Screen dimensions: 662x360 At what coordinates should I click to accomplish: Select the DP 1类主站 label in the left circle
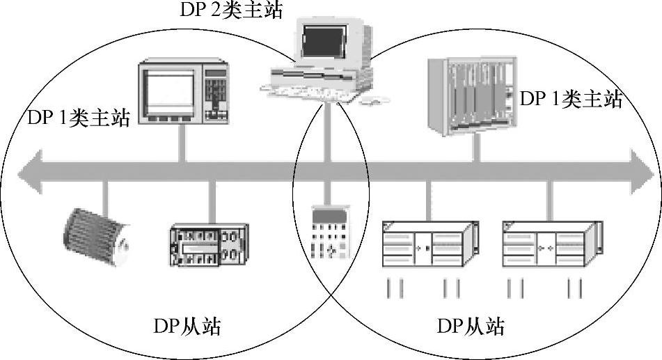[x=79, y=118]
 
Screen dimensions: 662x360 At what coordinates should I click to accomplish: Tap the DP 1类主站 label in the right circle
[x=570, y=99]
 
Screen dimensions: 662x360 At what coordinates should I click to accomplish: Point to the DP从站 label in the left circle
[x=187, y=326]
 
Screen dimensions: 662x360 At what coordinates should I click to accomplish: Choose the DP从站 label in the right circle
[x=471, y=326]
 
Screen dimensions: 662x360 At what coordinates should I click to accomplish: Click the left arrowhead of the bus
[x=29, y=172]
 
